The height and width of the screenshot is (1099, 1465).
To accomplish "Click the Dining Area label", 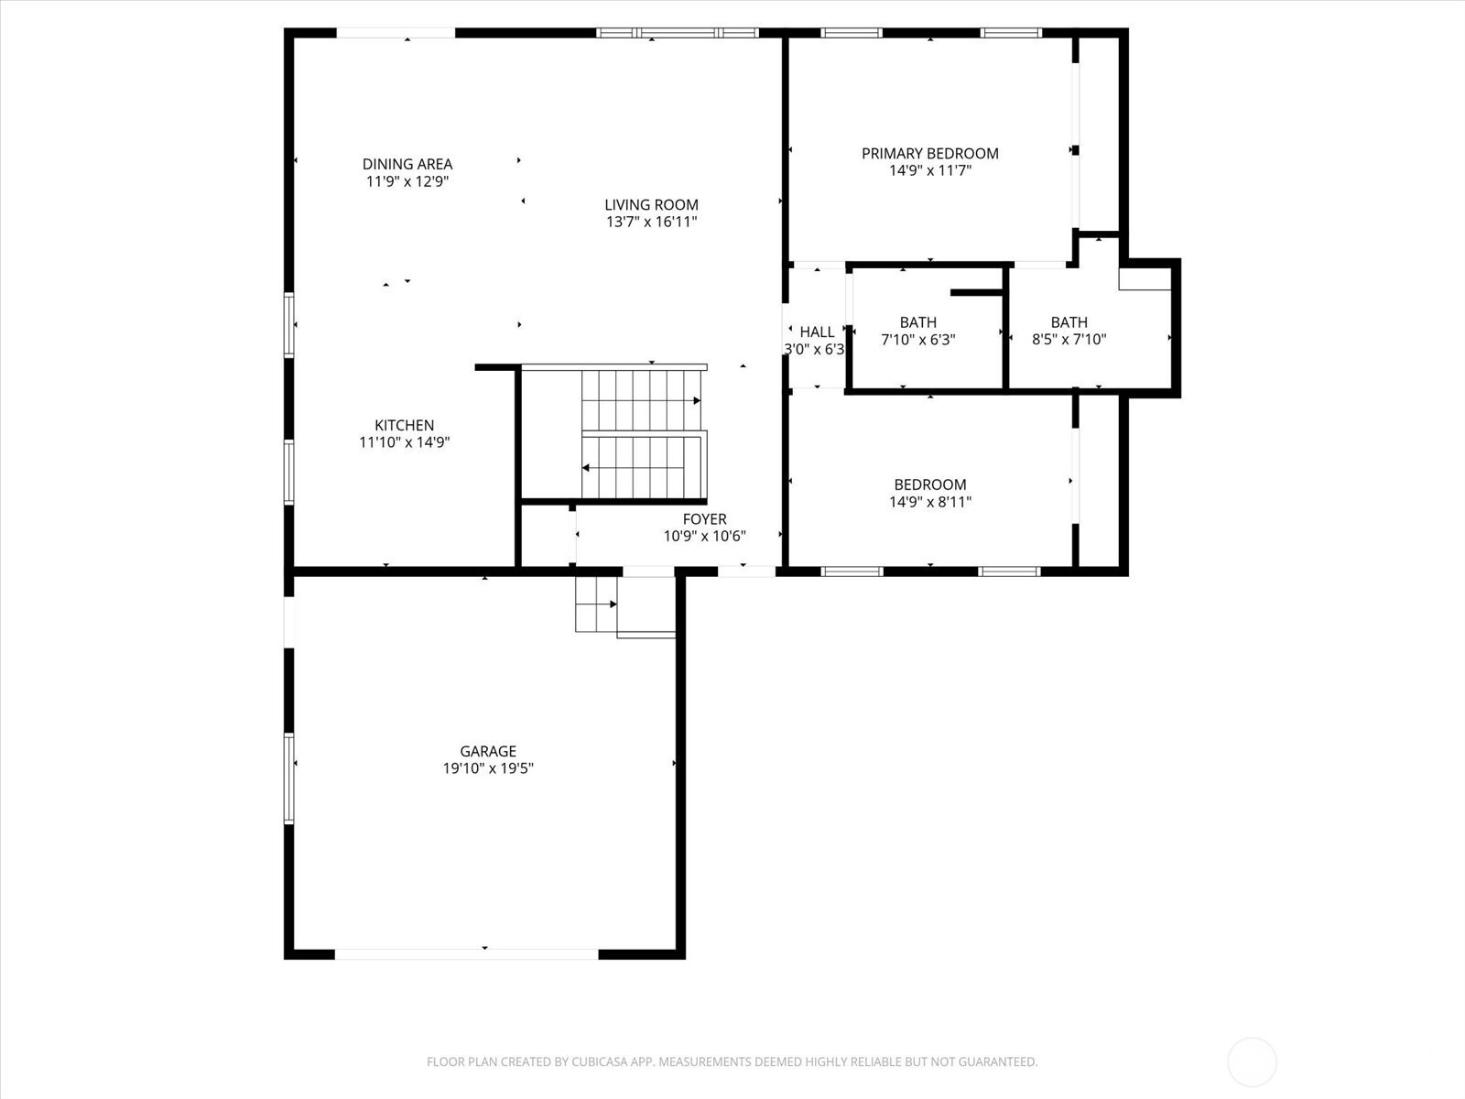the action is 407,164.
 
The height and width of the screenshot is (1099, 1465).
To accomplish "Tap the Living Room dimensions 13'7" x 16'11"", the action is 651,222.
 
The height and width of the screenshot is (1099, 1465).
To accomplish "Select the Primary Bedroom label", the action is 929,154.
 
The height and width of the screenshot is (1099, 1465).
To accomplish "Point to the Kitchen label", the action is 405,425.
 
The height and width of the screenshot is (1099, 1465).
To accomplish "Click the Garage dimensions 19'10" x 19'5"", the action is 488,768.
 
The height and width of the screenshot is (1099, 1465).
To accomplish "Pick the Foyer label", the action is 704,518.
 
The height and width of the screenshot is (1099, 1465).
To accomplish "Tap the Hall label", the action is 817,332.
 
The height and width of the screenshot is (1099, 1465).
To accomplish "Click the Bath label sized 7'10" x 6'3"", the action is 917,322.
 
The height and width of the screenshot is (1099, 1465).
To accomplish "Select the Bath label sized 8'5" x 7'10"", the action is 1069,322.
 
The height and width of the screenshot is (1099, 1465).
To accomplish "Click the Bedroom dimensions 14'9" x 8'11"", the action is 929,502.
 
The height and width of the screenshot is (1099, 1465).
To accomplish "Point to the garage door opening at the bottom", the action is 466,953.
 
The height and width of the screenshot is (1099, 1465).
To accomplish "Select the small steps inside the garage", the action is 596,604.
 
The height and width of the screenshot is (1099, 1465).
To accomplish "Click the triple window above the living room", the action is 678,33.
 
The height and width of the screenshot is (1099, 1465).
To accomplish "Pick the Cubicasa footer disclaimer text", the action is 732,1061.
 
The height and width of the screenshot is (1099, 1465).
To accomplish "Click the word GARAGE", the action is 488,751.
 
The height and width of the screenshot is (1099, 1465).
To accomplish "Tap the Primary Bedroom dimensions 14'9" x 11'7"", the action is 929,170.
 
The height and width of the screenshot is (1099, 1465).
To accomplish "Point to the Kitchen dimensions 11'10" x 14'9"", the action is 405,441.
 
